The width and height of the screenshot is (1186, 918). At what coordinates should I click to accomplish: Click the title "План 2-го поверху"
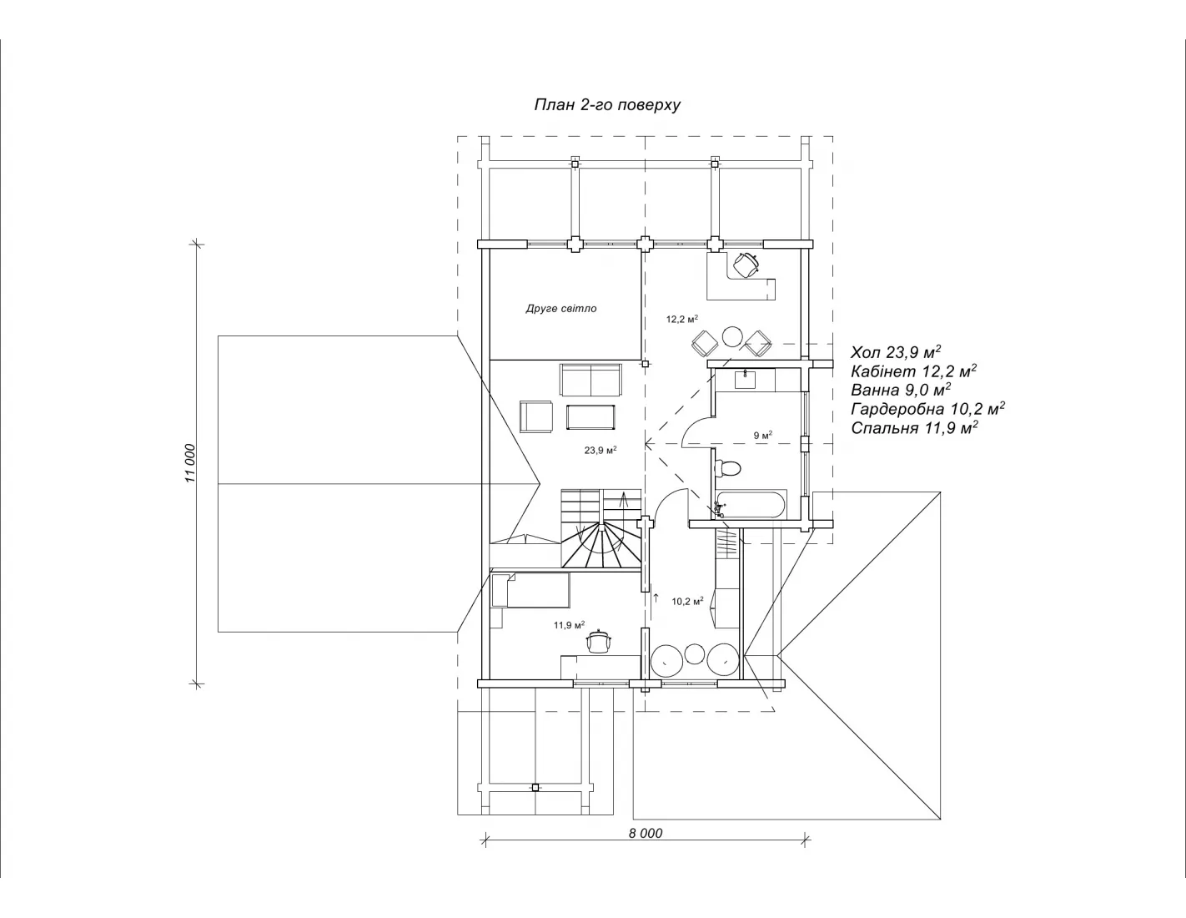(x=607, y=104)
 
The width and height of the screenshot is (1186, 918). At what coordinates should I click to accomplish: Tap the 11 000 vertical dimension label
(x=189, y=463)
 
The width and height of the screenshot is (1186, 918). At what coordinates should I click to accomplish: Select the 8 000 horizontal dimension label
(x=645, y=833)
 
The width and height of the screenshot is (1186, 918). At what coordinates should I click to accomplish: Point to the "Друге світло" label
(x=561, y=309)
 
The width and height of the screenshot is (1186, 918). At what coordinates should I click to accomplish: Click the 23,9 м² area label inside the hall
(x=601, y=450)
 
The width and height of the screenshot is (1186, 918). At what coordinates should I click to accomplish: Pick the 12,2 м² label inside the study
(x=682, y=319)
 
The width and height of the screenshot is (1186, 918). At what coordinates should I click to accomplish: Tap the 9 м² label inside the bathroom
(x=763, y=436)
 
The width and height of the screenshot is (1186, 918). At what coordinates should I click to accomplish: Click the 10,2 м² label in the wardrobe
(x=687, y=601)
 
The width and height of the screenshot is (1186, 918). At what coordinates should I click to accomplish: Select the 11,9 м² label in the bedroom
(x=570, y=625)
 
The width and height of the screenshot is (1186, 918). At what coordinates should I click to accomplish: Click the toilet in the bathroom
(x=727, y=468)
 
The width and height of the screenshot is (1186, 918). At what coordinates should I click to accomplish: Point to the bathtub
(x=751, y=503)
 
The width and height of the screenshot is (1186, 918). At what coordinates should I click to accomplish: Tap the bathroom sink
(x=745, y=379)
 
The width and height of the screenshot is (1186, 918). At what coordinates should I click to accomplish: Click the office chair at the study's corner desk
(x=746, y=265)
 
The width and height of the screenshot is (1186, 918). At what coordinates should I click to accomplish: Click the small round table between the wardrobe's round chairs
(x=695, y=653)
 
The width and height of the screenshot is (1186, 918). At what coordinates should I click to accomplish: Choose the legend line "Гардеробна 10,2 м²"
(x=927, y=408)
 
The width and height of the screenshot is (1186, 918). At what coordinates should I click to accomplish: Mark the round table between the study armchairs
(x=732, y=336)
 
